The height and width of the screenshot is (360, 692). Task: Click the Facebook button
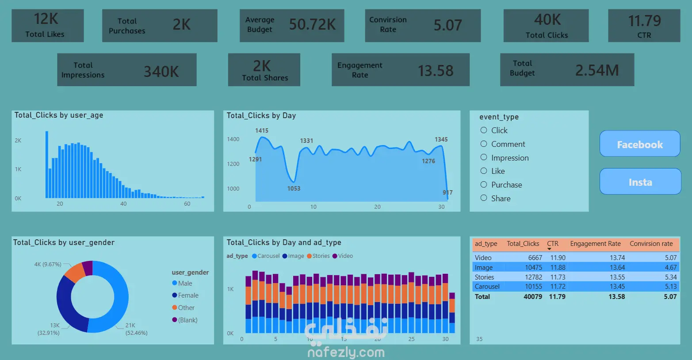point(640,144)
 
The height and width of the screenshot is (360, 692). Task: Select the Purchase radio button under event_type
point(484,184)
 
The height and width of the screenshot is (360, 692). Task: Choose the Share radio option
point(484,198)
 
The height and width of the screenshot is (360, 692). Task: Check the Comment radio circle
point(484,144)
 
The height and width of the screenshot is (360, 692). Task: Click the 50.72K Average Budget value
point(312,24)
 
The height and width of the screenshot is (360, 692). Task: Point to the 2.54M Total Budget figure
point(597,70)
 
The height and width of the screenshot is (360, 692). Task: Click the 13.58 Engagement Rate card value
point(436,71)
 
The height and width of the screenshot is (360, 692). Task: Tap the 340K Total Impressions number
point(161,71)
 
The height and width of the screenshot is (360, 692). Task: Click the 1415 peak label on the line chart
point(262,131)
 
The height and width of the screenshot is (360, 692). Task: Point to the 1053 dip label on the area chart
point(294,188)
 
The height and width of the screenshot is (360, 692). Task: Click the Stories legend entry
point(318,256)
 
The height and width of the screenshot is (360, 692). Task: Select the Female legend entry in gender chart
point(185,295)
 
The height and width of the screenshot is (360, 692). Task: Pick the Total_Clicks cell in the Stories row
point(534,277)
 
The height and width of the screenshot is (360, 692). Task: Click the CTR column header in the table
point(553,244)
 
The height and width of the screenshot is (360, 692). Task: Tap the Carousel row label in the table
point(487,287)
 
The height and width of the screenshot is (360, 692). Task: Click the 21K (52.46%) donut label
point(136,329)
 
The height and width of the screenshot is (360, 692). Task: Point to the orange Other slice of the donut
point(75,272)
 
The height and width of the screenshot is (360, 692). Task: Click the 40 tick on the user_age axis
point(123,203)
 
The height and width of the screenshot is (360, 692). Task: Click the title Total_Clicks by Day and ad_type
point(284,242)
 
